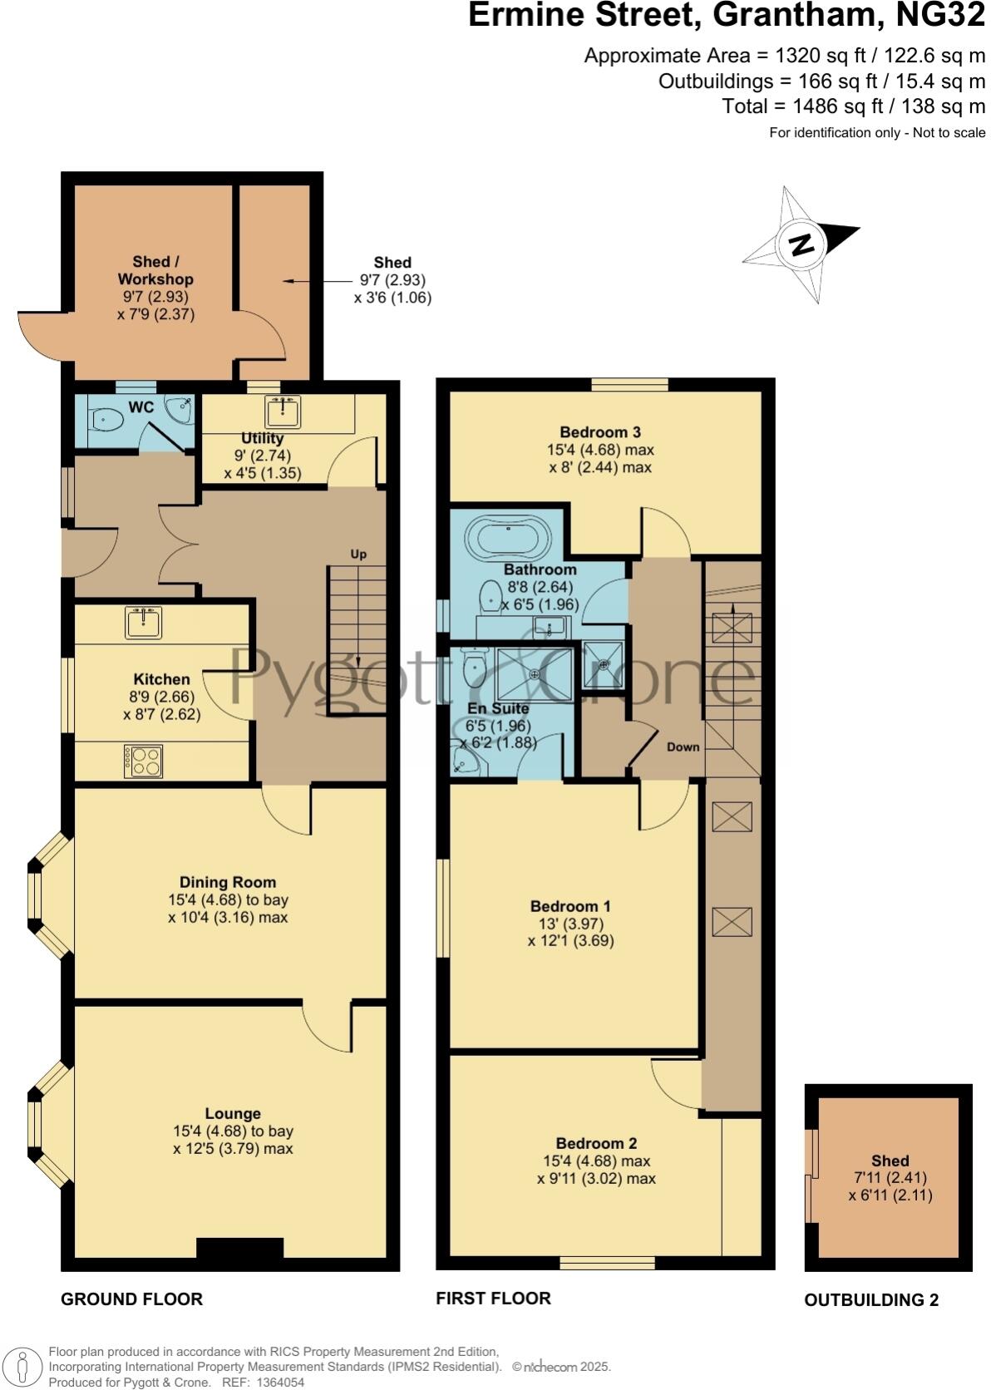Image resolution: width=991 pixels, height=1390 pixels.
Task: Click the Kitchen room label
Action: tap(161, 679)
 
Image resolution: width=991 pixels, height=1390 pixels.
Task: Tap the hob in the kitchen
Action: tap(143, 760)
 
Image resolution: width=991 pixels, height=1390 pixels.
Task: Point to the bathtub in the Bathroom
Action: tap(508, 539)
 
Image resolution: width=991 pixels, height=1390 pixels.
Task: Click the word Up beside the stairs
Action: tap(358, 554)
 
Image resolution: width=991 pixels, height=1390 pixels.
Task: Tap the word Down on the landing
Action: tap(683, 747)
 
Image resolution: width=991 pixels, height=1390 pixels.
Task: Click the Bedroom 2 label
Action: tap(596, 1143)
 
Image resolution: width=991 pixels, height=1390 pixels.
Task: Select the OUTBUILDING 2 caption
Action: tap(870, 1300)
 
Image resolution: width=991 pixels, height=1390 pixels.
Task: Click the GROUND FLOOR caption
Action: tap(131, 1299)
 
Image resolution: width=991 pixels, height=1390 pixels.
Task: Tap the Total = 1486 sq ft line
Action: tap(853, 106)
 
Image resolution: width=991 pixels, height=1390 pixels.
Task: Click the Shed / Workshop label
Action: tap(155, 270)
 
